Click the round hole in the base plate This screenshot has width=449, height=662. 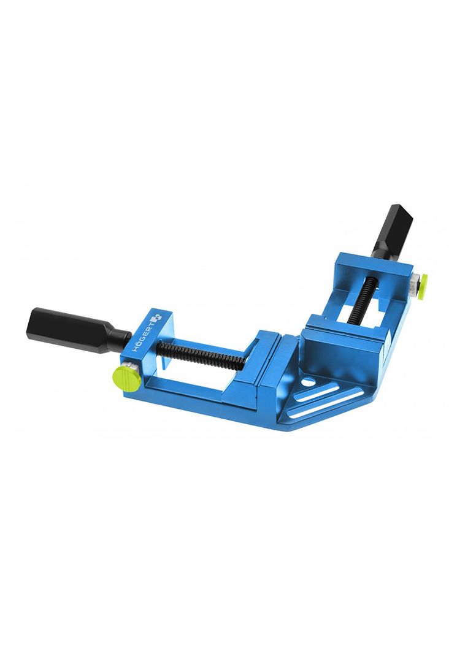(309, 383)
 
